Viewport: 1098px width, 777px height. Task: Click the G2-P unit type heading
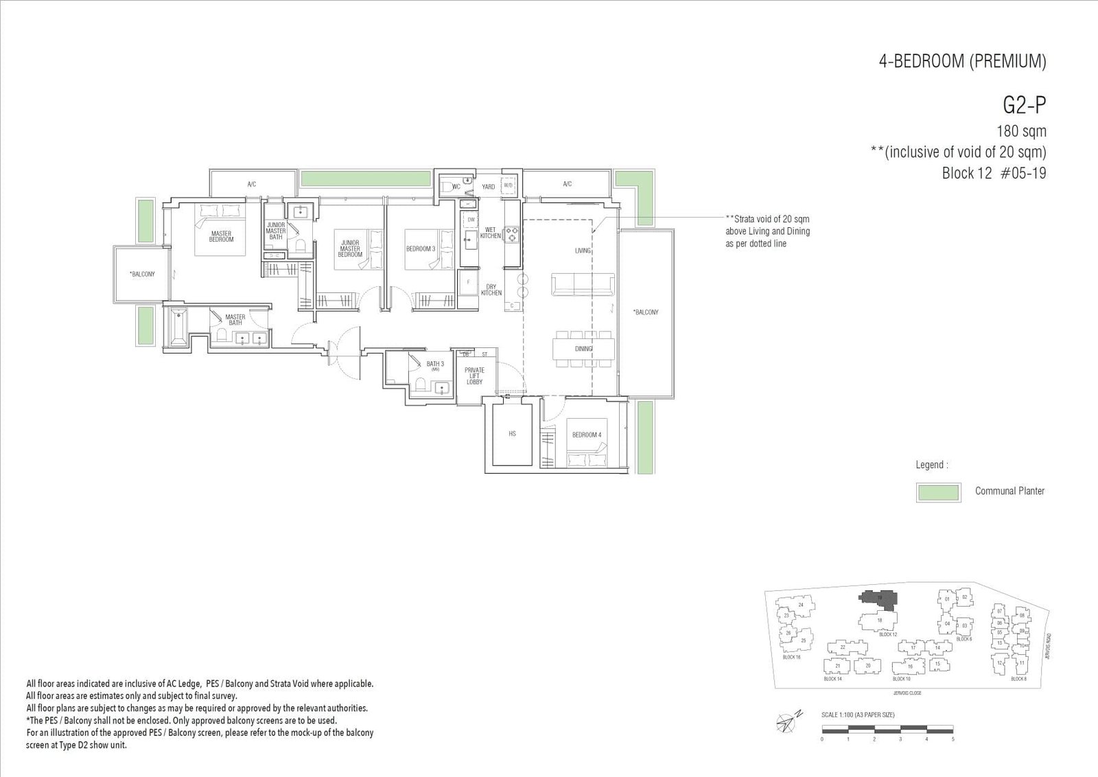[x=1024, y=105]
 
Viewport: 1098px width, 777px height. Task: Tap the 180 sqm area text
[x=1021, y=131]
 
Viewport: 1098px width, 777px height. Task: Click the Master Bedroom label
[x=221, y=236]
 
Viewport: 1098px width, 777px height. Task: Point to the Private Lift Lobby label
[x=474, y=375]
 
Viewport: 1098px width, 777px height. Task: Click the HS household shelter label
[x=512, y=434]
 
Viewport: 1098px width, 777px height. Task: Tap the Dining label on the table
[x=583, y=349]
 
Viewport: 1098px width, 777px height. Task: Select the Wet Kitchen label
[x=490, y=233]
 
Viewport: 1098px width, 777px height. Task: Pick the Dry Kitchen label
[x=491, y=290]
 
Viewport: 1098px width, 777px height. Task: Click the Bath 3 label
[x=435, y=364]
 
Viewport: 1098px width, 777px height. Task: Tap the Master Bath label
[x=235, y=320]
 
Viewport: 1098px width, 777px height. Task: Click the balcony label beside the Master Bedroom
[x=142, y=274]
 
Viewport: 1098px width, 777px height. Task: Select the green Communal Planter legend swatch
[x=937, y=492]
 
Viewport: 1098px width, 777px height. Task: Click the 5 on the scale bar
[x=953, y=739]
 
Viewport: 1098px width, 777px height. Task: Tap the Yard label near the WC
[x=488, y=187]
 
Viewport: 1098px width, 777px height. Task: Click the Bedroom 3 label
[x=420, y=248]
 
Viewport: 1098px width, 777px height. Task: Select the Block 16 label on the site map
[x=791, y=657]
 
